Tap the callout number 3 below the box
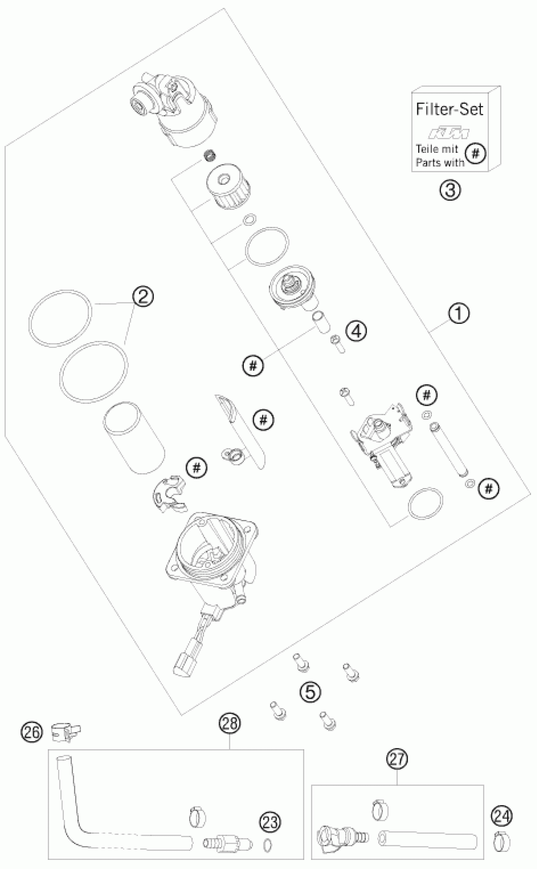pyautogui.click(x=450, y=190)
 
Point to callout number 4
pyautogui.click(x=357, y=331)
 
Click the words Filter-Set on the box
pyautogui.click(x=449, y=109)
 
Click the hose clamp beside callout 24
pyautogui.click(x=502, y=841)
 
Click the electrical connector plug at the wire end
pyautogui.click(x=184, y=667)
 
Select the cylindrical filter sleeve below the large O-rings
pyautogui.click(x=134, y=438)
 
